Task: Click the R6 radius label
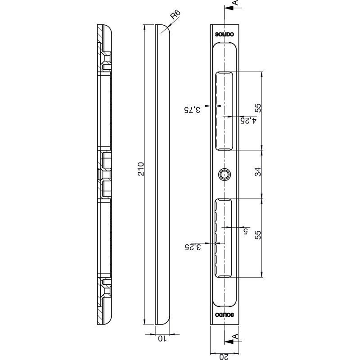175,14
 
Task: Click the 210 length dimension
140,169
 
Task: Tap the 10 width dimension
162,338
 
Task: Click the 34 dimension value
258,172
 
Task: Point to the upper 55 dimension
258,108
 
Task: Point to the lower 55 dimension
258,235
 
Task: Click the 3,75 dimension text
192,110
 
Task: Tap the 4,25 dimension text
248,121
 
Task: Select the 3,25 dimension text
193,247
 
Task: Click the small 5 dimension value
246,231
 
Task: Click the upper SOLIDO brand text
224,35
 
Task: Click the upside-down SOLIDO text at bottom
224,315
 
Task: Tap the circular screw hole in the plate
225,174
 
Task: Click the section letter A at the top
235,3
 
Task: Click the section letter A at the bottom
235,336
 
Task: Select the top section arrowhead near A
229,8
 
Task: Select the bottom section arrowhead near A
229,342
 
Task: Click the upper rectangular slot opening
224,111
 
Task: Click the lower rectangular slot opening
223,238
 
